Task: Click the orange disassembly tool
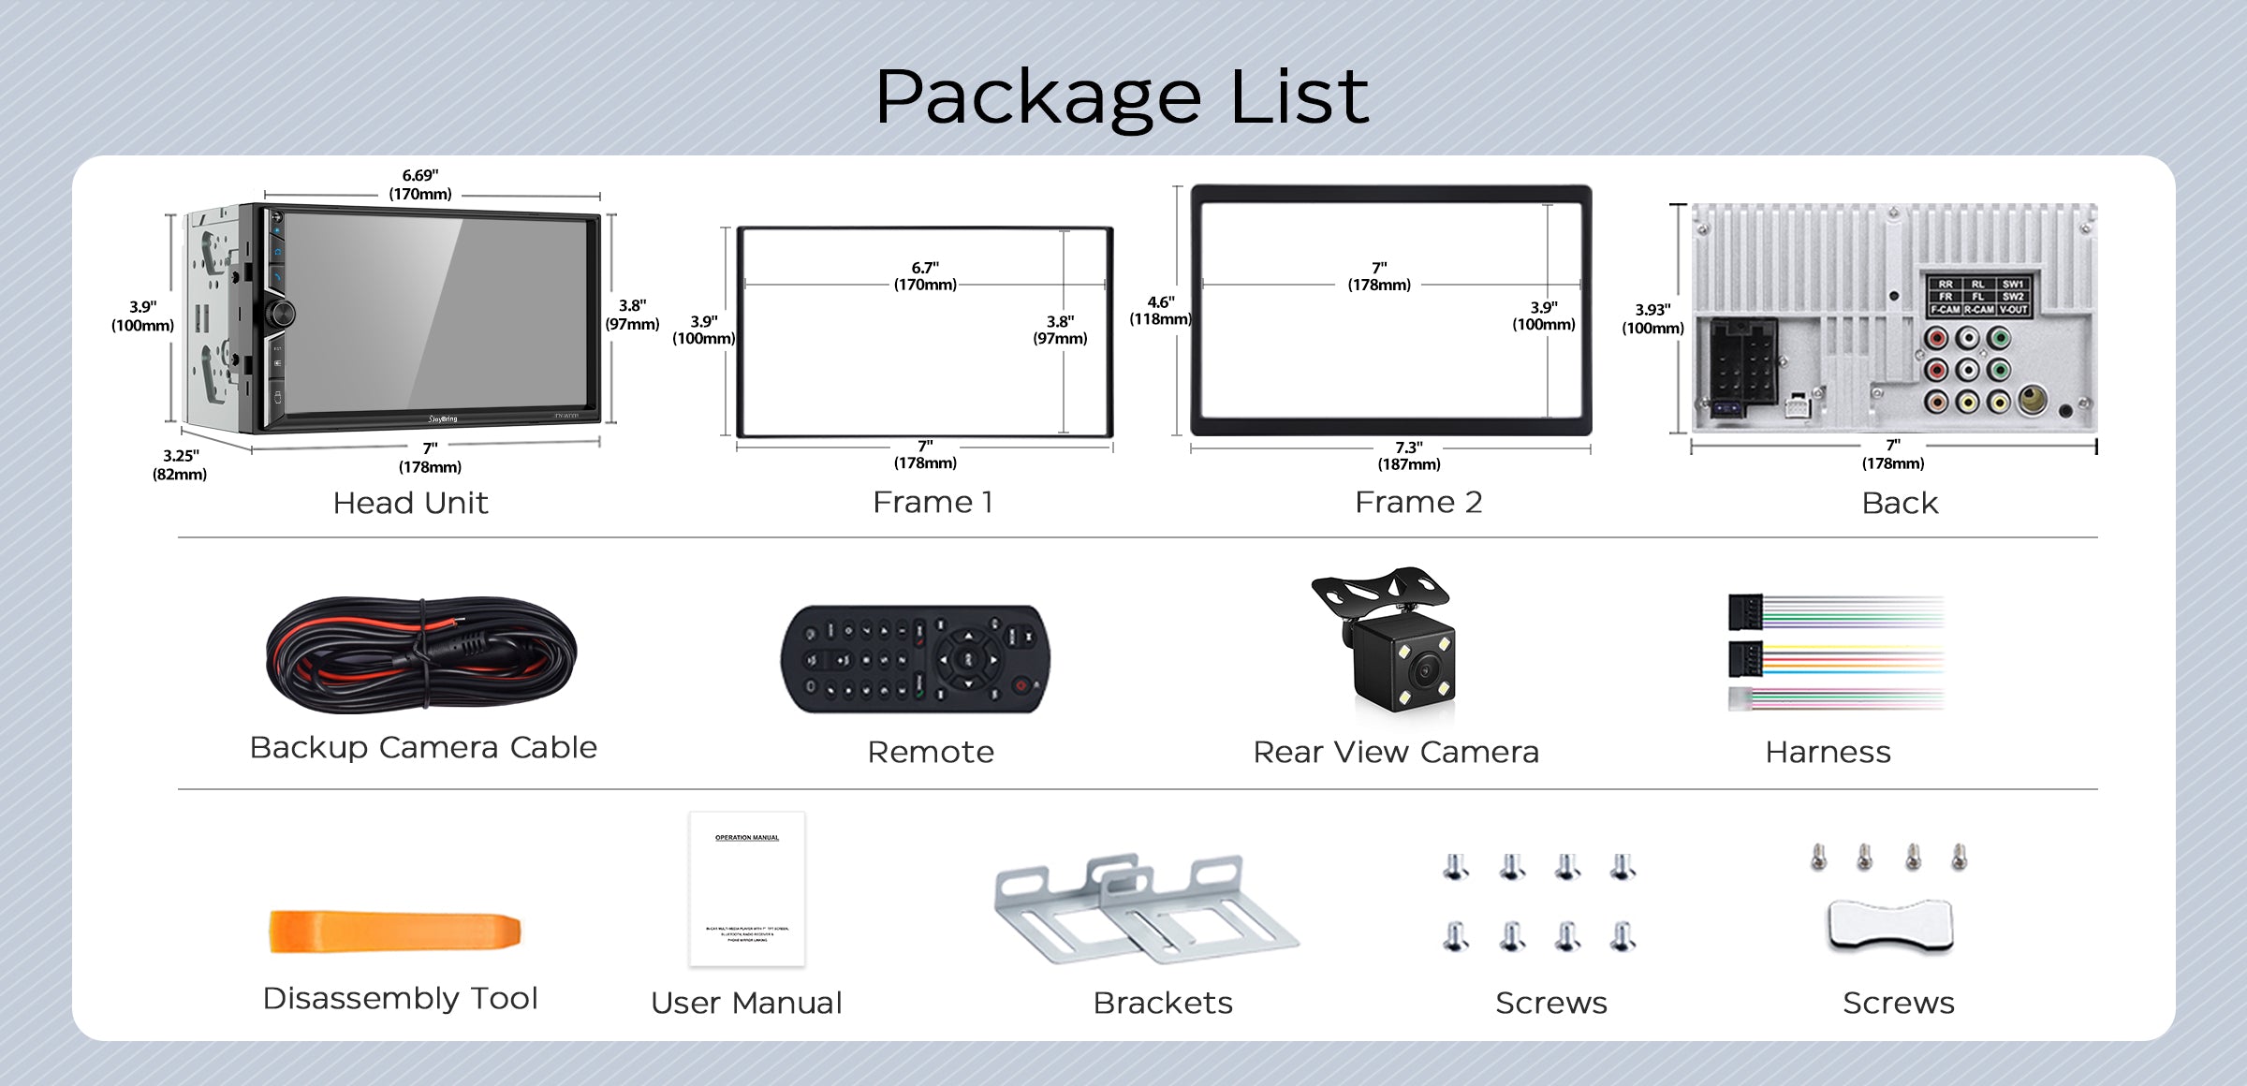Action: coord(394,932)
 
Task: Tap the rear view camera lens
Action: coord(1426,669)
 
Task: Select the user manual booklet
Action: coord(747,888)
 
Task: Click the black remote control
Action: coord(916,659)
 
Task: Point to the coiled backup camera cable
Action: coord(421,654)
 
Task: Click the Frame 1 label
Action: coord(933,503)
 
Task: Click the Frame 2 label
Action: coord(1418,503)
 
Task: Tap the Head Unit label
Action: coord(410,504)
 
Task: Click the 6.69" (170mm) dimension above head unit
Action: coord(420,184)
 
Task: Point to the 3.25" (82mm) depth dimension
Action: coord(180,464)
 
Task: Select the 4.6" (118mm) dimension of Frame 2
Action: coord(1160,310)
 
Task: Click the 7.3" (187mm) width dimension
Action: coord(1409,456)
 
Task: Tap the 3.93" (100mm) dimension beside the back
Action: coord(1652,318)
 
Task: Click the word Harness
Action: coord(1828,753)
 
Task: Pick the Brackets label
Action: coord(1163,1004)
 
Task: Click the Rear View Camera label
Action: coord(1396,753)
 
